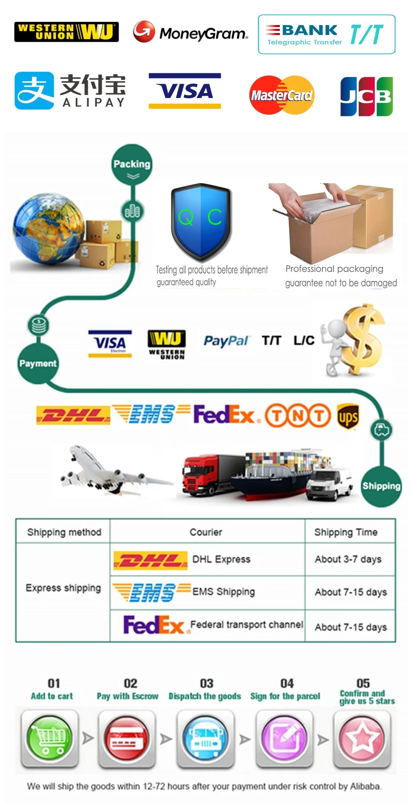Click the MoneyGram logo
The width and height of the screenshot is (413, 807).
pyautogui.click(x=190, y=32)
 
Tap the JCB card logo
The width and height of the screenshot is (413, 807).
pyautogui.click(x=366, y=96)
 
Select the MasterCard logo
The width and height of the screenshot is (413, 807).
pyautogui.click(x=281, y=95)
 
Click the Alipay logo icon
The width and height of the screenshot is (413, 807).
pyautogui.click(x=34, y=90)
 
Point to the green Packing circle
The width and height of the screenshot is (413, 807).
pyautogui.click(x=132, y=165)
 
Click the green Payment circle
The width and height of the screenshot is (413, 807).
pyautogui.click(x=38, y=364)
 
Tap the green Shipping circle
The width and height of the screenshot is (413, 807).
pyautogui.click(x=381, y=486)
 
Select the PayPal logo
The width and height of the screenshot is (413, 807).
pyautogui.click(x=226, y=341)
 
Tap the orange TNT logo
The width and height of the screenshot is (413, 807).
pyautogui.click(x=298, y=415)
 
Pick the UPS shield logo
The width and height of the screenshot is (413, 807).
pyautogui.click(x=347, y=416)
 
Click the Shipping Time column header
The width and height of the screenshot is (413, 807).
pyautogui.click(x=346, y=532)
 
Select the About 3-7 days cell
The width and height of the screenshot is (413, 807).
pyautogui.click(x=348, y=559)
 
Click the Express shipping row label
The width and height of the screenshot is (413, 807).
pyautogui.click(x=63, y=588)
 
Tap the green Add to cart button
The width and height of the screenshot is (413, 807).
pyautogui.click(x=49, y=738)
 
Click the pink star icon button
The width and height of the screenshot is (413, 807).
pyautogui.click(x=362, y=738)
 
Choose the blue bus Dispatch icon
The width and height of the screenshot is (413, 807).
pyautogui.click(x=206, y=738)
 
